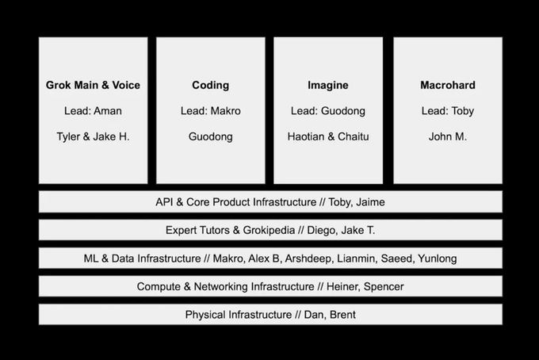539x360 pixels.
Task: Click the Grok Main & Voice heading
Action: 93,85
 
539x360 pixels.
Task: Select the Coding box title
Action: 210,86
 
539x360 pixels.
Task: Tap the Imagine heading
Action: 328,86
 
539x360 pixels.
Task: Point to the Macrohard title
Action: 448,85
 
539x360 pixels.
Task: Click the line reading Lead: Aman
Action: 93,111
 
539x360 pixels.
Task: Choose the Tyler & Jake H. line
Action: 93,136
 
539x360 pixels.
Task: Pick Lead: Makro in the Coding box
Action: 210,111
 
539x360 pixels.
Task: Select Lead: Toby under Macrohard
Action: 448,111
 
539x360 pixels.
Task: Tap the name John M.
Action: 448,136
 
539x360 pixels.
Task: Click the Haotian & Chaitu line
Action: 328,136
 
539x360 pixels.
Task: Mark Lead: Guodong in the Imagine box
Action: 328,111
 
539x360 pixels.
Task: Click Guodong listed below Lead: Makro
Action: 210,137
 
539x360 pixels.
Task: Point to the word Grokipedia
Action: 269,230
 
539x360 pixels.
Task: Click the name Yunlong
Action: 438,259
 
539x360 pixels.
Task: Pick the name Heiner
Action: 342,286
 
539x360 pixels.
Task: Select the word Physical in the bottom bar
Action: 205,315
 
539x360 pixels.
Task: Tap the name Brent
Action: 342,315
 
